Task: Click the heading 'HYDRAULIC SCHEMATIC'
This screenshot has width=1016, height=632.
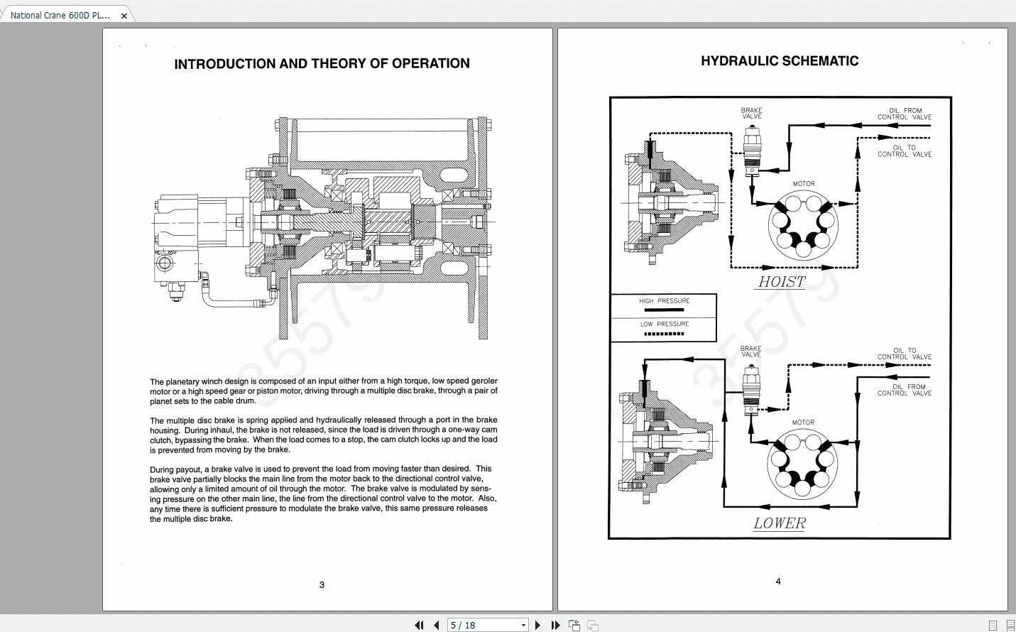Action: click(x=780, y=61)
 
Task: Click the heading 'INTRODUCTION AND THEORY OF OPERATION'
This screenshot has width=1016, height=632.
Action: click(x=322, y=64)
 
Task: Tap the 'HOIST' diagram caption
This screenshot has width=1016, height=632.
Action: click(x=782, y=282)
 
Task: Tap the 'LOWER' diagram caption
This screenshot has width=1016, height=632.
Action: click(x=780, y=523)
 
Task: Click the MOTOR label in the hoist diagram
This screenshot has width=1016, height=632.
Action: click(x=804, y=184)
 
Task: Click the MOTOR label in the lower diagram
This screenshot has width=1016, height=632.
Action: click(x=803, y=423)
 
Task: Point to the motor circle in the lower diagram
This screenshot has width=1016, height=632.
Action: click(x=802, y=464)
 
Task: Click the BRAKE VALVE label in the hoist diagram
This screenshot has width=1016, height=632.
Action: click(x=752, y=113)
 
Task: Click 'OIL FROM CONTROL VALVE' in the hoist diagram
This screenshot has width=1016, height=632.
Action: click(x=905, y=114)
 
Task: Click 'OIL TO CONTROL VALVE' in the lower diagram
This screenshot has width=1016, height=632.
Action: click(x=905, y=354)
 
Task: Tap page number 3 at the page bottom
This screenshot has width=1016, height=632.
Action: click(x=322, y=585)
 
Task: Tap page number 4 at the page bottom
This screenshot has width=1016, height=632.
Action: click(x=778, y=582)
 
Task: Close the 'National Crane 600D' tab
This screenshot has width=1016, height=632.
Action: click(x=124, y=16)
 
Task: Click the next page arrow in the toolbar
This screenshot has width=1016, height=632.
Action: click(x=537, y=625)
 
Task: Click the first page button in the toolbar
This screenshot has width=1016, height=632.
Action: click(x=419, y=625)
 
